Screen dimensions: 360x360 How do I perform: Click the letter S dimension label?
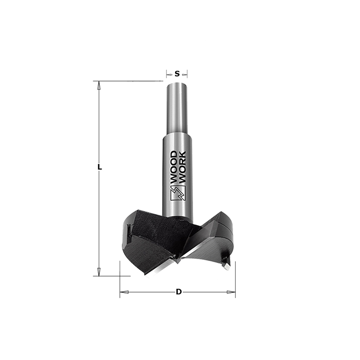point(177,74)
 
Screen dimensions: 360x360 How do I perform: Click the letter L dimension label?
point(99,167)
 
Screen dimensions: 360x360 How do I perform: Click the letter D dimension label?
point(179,292)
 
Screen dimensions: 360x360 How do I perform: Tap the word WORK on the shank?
point(182,167)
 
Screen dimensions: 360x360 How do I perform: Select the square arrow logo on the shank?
point(178,193)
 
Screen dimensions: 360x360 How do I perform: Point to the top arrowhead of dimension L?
point(99,85)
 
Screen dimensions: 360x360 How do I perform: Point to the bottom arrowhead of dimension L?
point(99,272)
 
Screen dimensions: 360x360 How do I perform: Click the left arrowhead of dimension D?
point(124,292)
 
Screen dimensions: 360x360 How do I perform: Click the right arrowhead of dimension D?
point(231,292)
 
